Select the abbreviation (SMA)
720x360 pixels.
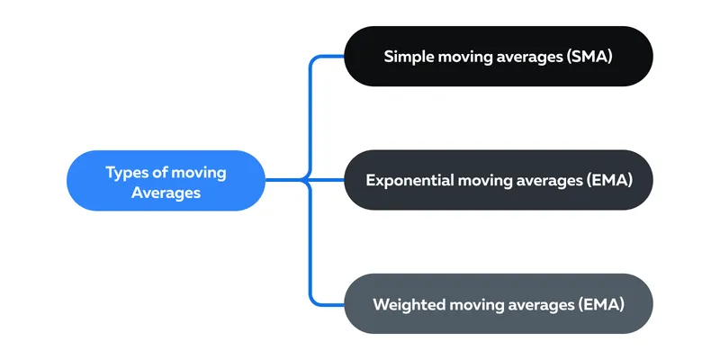click(589, 57)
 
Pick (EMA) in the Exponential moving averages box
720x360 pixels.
click(609, 181)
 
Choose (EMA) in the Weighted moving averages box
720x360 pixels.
click(601, 304)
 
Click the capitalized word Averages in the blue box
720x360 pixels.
click(166, 193)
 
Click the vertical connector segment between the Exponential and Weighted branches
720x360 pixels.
click(310, 241)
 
